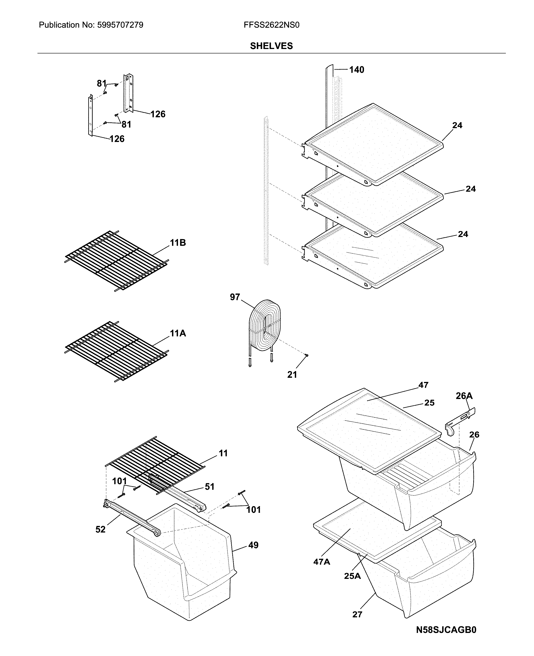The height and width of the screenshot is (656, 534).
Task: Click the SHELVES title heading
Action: [271, 46]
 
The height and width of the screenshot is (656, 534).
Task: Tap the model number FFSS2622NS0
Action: [271, 25]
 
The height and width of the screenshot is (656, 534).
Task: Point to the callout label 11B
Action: [178, 243]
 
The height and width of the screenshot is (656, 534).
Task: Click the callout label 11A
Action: [178, 333]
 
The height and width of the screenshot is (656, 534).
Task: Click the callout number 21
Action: [292, 374]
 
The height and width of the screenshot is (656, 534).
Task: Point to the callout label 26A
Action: [464, 396]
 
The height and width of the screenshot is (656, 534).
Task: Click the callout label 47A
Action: [321, 562]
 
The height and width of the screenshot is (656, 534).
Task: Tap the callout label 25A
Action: [352, 576]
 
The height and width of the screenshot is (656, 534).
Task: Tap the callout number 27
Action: [357, 615]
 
